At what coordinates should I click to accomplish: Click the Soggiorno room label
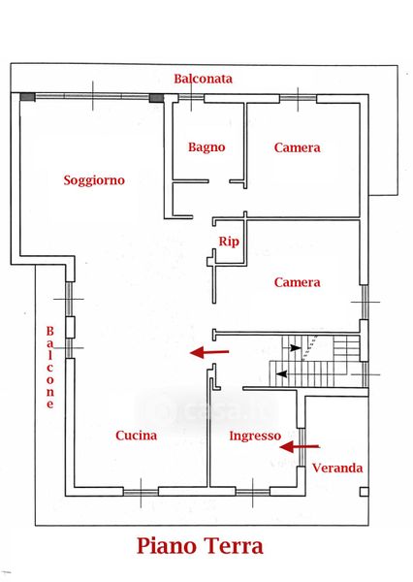94,180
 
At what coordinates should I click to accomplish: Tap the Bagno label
206,147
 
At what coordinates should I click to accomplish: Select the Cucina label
136,436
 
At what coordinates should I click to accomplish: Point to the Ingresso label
255,436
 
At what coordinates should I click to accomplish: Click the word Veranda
337,469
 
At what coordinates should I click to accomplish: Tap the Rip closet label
229,242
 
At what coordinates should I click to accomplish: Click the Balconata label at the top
204,79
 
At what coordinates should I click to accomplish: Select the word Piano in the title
166,546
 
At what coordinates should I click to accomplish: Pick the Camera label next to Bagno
298,147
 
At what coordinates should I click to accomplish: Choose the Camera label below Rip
298,282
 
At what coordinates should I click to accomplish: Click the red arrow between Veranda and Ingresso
300,447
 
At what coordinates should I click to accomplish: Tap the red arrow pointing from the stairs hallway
209,352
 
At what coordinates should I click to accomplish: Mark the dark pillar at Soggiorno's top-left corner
27,97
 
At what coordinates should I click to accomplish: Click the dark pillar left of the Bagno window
156,98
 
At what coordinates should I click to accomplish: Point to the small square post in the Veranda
365,492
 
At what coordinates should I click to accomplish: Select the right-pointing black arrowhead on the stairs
296,348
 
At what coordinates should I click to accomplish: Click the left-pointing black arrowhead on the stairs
282,374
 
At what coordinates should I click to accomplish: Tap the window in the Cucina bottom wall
141,493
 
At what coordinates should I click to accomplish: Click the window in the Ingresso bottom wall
253,493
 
